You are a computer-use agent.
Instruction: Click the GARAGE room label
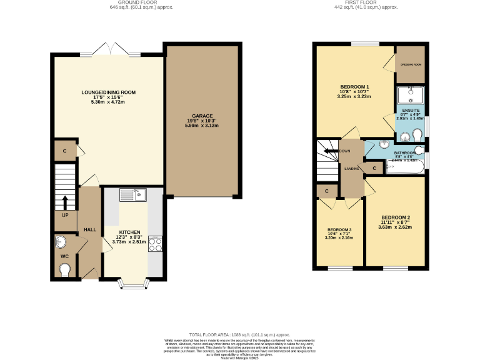[202, 116]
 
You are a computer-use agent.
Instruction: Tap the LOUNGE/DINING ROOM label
[108, 92]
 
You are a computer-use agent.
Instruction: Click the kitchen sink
[133, 196]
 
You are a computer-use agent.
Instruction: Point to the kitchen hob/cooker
[155, 244]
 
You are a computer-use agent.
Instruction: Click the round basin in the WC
[61, 241]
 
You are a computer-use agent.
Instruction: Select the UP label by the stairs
[64, 216]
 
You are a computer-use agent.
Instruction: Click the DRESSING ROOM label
[411, 64]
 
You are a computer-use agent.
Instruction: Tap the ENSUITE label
[411, 109]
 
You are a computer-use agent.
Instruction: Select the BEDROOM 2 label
[395, 217]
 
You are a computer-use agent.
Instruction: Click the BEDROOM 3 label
[339, 229]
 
